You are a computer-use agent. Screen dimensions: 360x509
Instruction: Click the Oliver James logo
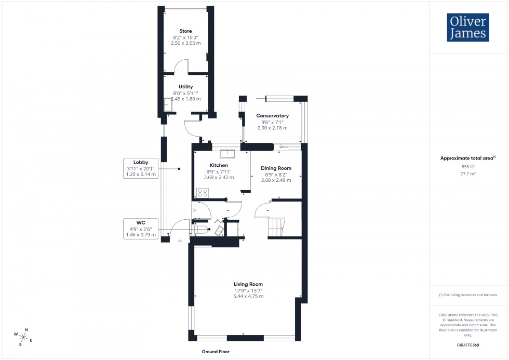click(467, 28)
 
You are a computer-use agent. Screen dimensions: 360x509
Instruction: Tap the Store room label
click(185, 31)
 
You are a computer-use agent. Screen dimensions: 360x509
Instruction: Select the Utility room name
click(185, 87)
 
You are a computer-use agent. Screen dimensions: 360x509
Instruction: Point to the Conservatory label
click(273, 115)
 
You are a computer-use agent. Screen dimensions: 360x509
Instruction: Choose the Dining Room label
click(276, 168)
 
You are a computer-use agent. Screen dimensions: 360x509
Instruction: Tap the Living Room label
click(248, 284)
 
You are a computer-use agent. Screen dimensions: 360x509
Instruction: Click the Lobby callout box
click(141, 168)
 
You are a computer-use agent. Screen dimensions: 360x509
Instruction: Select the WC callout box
click(141, 229)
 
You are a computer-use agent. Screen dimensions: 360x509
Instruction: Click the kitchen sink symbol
click(227, 153)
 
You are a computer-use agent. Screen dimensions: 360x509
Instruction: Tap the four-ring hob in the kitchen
click(203, 193)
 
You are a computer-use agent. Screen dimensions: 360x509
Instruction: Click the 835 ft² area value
click(468, 166)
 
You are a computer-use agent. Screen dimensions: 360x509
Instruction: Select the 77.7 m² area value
click(468, 176)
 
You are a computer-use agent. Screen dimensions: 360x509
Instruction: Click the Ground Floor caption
click(216, 352)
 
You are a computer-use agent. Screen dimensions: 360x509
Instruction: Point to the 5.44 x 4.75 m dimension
click(248, 296)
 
